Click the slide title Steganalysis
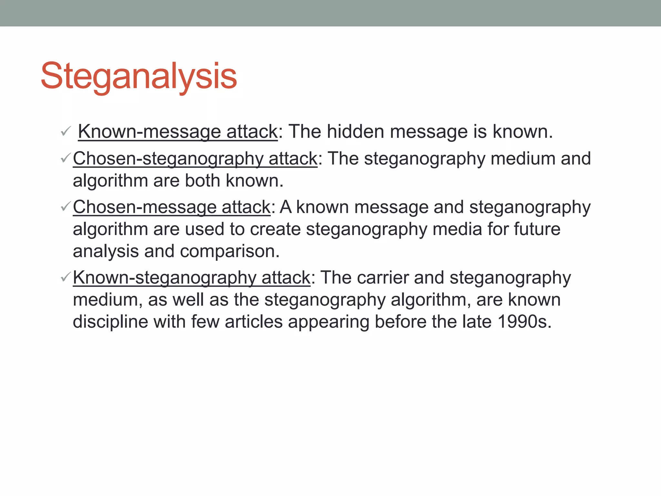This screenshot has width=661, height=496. click(139, 77)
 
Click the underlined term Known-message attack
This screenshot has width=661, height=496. click(178, 132)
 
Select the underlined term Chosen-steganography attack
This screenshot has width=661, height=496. click(195, 159)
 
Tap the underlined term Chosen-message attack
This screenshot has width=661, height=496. click(171, 207)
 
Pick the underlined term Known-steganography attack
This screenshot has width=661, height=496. click(191, 278)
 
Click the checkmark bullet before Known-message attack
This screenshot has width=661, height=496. click(66, 131)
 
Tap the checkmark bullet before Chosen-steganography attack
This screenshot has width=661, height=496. click(66, 158)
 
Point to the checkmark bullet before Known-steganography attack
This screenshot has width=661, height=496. click(66, 277)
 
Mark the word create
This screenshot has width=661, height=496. click(275, 229)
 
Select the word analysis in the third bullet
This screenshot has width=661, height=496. click(106, 252)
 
